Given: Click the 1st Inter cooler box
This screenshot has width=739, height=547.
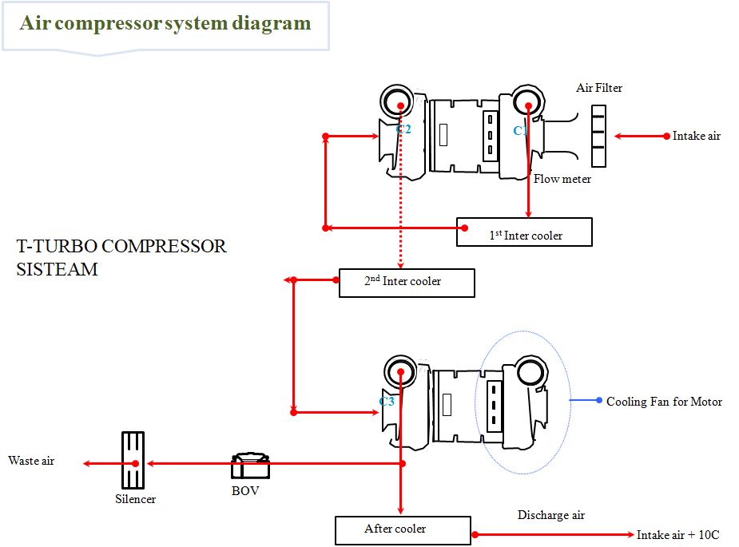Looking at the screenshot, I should (524, 232).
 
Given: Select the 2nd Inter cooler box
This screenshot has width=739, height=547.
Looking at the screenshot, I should (407, 283).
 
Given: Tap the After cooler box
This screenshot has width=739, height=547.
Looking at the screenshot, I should (403, 530).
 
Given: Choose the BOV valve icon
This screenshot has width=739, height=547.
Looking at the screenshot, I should (250, 467).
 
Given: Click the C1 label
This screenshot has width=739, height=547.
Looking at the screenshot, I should (520, 130).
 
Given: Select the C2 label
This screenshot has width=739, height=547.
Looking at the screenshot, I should (403, 129).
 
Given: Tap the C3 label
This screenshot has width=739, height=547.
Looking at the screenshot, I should (387, 402).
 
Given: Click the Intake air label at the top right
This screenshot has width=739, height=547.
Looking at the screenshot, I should (696, 136).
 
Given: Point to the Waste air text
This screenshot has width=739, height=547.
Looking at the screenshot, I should (31, 461).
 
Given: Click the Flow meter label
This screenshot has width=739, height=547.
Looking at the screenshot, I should (562, 179).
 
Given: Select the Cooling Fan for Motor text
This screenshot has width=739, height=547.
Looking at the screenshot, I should (664, 402).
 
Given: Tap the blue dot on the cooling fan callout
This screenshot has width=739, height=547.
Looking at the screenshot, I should (599, 399).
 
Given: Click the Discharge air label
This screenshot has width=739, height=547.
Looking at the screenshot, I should (550, 515).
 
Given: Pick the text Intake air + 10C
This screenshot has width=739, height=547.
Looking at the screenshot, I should (677, 535).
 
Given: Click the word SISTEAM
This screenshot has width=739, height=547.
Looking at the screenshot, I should (57, 270).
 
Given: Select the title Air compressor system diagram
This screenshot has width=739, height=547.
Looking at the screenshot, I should (165, 23).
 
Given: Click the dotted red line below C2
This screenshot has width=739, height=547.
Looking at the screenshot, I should (400, 208).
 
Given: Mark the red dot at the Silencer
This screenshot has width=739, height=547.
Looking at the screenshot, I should (136, 463).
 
